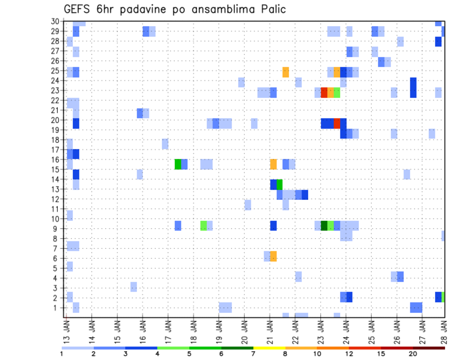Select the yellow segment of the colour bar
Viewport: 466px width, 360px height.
click(269, 348)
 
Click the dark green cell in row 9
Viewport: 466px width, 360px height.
click(324, 226)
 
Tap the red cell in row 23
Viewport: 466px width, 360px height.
click(324, 92)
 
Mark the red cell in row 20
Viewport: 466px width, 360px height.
click(337, 123)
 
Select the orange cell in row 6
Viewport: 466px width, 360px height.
click(273, 256)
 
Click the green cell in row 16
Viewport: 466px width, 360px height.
click(178, 164)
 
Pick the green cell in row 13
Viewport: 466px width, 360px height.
click(280, 184)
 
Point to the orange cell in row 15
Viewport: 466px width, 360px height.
click(273, 164)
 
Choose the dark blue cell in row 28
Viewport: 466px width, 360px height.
click(438, 42)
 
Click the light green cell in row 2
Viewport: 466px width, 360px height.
click(443, 297)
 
